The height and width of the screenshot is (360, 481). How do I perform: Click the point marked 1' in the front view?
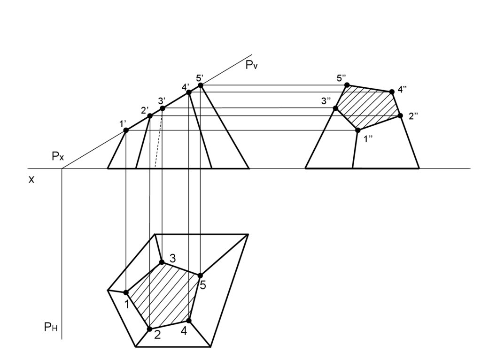tap(126, 130)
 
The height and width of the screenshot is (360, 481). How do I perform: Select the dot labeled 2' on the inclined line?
tap(150, 116)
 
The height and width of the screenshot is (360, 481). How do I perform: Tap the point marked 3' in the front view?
tap(163, 108)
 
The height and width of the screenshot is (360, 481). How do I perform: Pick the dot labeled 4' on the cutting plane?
tap(189, 92)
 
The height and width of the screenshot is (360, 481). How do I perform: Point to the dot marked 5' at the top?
tap(201, 85)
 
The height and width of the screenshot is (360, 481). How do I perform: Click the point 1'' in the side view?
tap(357, 130)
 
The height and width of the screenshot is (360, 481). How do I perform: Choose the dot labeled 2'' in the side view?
tap(400, 115)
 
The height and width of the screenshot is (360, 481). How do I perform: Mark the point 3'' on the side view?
tap(335, 108)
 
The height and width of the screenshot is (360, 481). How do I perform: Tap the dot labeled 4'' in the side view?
tap(392, 92)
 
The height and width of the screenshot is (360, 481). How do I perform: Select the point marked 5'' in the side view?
tap(347, 85)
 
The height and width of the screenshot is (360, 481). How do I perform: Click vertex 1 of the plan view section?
tap(126, 292)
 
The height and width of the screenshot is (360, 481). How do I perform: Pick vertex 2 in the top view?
tap(150, 329)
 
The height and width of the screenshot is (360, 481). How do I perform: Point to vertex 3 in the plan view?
tap(162, 262)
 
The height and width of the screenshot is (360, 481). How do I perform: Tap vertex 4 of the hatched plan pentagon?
tap(189, 321)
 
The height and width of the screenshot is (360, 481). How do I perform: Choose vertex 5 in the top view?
tap(200, 276)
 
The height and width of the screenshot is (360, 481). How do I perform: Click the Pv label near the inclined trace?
tap(252, 66)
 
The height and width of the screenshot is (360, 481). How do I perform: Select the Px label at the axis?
tap(58, 157)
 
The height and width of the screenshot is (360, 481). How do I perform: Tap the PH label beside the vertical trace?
tap(51, 328)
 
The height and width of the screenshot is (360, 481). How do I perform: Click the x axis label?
tap(31, 179)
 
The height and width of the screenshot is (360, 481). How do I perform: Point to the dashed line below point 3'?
tap(158, 141)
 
